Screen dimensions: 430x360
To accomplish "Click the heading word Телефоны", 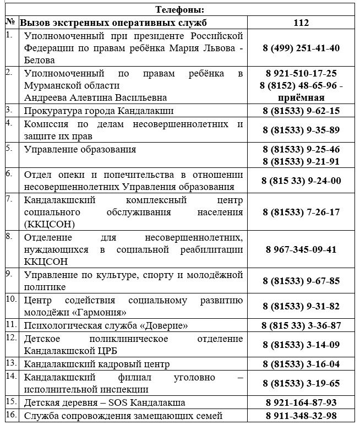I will tap(180, 9).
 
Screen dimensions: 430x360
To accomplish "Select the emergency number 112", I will tap(302, 23).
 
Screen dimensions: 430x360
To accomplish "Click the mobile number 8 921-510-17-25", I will tap(301, 73).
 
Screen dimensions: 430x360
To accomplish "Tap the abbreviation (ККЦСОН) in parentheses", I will tap(48, 224).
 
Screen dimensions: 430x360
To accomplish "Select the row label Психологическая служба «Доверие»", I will tap(106, 325).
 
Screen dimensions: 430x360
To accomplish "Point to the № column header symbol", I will tap(10, 23).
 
